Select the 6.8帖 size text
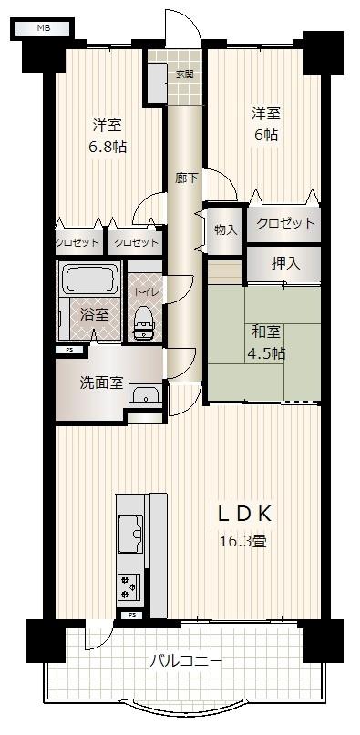pos(108,148)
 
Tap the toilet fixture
pos(145,323)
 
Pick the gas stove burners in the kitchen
pos(128,587)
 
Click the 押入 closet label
pos(285,264)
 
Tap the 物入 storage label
pos(225,230)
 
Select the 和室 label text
pos(266,332)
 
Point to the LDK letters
pos(244,515)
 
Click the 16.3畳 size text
pos(243,541)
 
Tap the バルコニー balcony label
pos(186,662)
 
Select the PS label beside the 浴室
pos(69,349)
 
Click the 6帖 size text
pos(266,135)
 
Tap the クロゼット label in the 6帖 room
pos(285,222)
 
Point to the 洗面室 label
pos(102,383)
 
